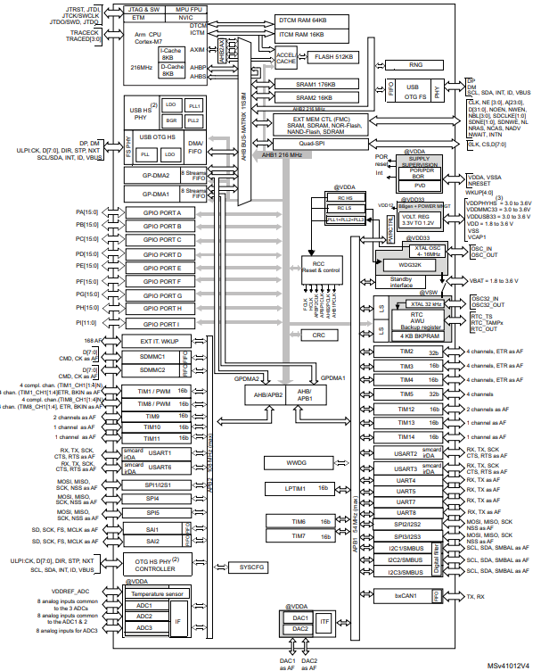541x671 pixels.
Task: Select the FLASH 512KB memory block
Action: click(x=334, y=57)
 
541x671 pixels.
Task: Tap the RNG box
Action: click(x=414, y=64)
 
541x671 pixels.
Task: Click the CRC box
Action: click(x=318, y=335)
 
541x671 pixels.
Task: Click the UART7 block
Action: click(x=406, y=501)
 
